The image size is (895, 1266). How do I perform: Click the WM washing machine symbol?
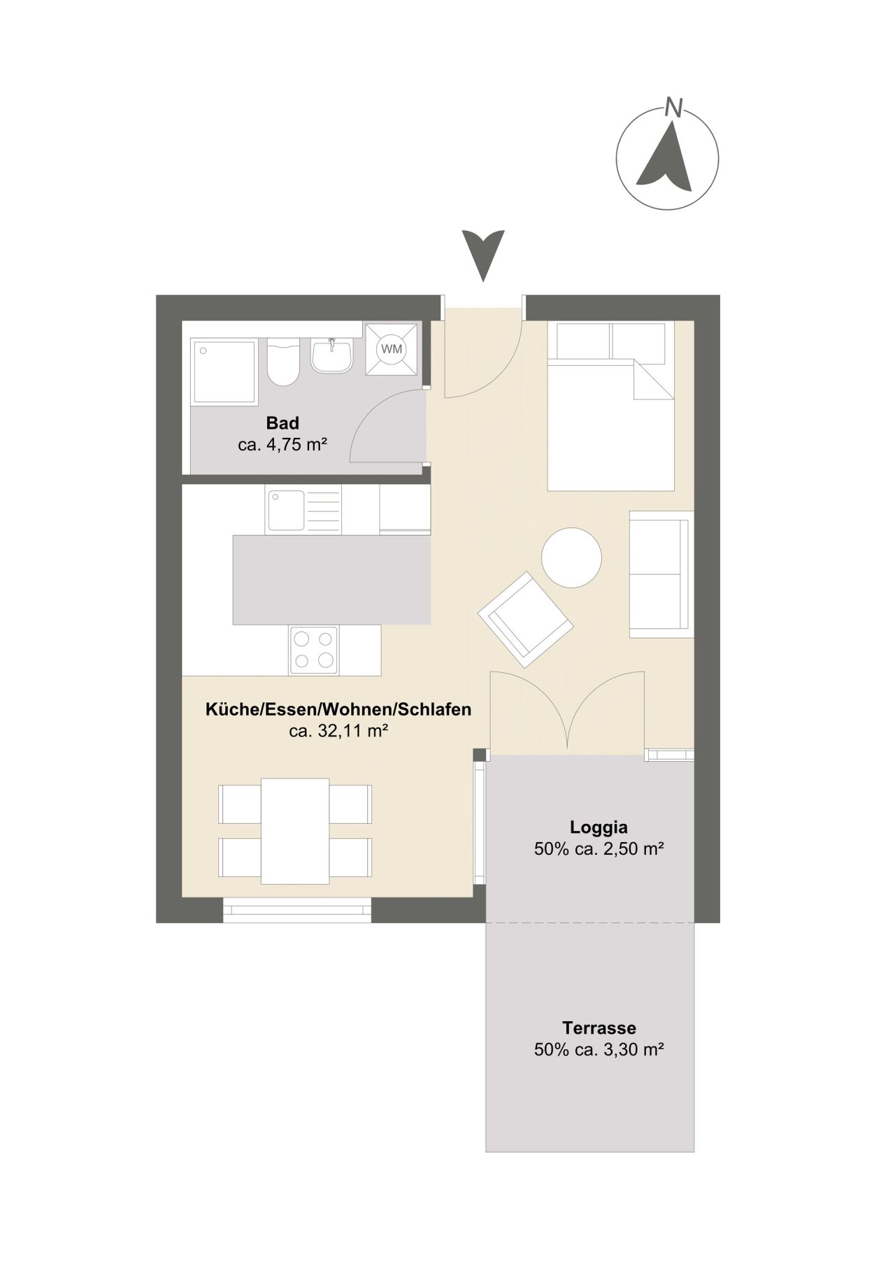(x=392, y=348)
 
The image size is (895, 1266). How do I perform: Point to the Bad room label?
(x=282, y=423)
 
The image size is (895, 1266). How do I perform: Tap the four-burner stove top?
(x=314, y=650)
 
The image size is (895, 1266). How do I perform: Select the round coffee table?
(x=571, y=557)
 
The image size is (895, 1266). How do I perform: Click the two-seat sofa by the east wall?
(x=660, y=574)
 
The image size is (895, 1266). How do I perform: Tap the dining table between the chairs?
(x=295, y=830)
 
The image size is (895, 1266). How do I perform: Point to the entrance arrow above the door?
(x=483, y=255)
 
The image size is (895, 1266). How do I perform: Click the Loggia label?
(x=599, y=827)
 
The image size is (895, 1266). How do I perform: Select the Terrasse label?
(x=599, y=1028)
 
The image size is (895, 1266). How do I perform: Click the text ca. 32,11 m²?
(x=338, y=731)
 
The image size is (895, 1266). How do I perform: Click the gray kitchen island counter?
(x=331, y=579)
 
